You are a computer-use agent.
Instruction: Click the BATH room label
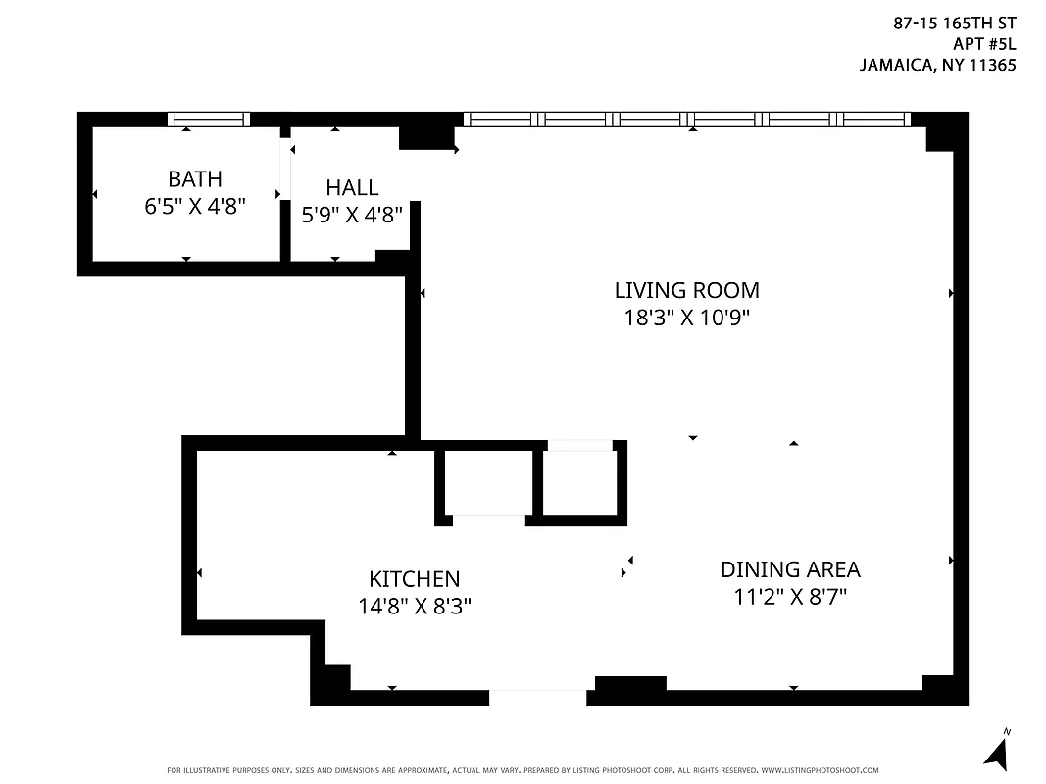[x=194, y=179]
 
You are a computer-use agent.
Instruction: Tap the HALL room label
[x=352, y=187]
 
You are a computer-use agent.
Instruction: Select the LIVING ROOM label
[x=686, y=290]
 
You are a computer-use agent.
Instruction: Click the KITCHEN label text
[x=414, y=579]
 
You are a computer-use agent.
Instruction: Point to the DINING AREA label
[x=790, y=569]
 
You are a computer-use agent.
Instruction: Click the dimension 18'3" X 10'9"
[x=686, y=318]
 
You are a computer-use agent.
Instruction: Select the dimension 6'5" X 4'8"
[x=194, y=207]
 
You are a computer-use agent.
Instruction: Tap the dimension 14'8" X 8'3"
[x=415, y=607]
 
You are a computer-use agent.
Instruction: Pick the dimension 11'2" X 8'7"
[x=790, y=597]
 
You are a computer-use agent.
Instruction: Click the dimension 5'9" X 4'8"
[x=352, y=215]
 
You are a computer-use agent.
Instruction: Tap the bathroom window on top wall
[x=209, y=120]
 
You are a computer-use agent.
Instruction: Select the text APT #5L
[x=983, y=43]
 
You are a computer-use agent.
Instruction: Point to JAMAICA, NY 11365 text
[x=937, y=66]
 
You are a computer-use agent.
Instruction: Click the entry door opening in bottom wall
[x=538, y=698]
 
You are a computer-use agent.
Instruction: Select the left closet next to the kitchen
[x=487, y=481]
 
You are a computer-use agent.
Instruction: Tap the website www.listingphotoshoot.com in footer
[x=820, y=770]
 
